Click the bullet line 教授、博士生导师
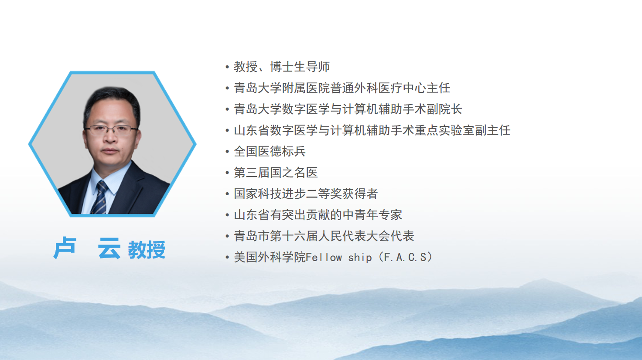282,67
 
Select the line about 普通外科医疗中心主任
342,88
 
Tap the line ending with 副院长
348,109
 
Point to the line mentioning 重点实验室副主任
372,130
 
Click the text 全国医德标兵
270,152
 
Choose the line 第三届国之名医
276,173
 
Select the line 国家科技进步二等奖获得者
306,194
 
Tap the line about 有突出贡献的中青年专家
318,215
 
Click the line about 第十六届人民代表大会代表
324,236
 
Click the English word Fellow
324,257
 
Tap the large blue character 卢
65,248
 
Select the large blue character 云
109,248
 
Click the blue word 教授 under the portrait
147,250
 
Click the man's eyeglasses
112,131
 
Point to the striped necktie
99,197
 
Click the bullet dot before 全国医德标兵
227,152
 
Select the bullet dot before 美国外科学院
227,258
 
